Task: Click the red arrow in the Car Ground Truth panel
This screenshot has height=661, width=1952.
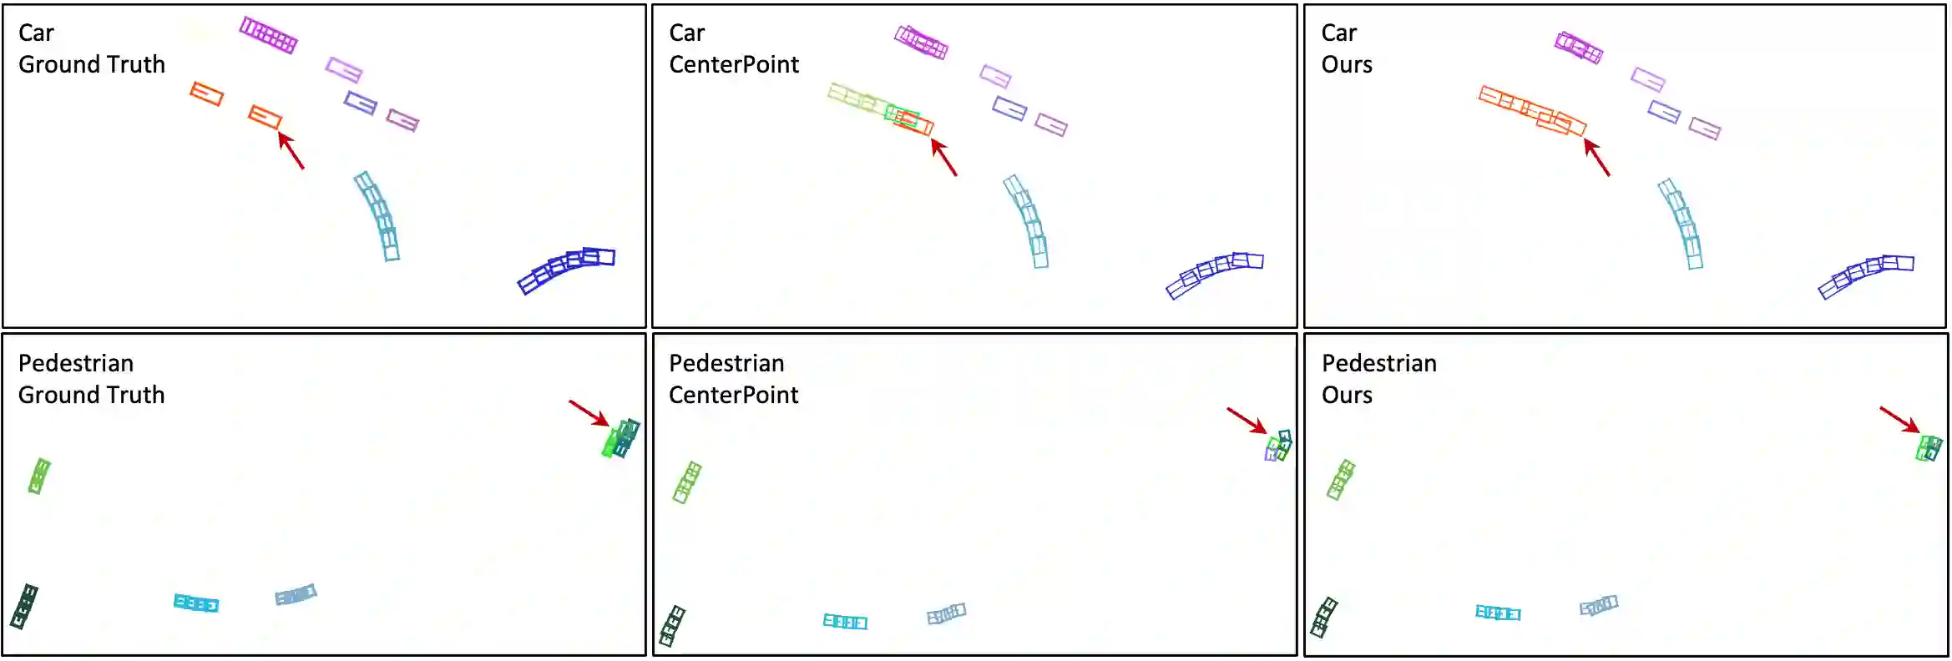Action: tap(291, 151)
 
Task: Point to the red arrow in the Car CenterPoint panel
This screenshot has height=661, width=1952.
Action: tap(944, 157)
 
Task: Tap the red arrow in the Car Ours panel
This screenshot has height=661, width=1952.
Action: tap(1597, 157)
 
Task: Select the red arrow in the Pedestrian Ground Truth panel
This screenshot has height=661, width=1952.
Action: tap(589, 413)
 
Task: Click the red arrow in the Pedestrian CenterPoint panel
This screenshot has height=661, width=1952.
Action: tap(1247, 420)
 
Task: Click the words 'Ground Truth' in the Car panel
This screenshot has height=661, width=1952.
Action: tap(92, 64)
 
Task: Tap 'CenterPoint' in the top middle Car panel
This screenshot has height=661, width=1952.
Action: tap(734, 64)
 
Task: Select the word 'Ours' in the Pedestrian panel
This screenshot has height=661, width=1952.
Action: tap(1347, 395)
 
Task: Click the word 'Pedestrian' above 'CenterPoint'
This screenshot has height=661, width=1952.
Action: tap(726, 363)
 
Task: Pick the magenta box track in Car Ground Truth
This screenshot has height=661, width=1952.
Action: tap(268, 35)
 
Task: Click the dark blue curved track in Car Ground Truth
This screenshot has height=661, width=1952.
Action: tap(566, 269)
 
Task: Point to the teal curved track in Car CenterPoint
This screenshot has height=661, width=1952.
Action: tap(1027, 221)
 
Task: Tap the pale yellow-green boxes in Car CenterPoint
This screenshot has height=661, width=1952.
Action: tap(856, 98)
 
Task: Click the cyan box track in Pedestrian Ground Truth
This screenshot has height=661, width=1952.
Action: tap(196, 603)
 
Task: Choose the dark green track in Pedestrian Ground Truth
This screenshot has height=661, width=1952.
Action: tap(24, 607)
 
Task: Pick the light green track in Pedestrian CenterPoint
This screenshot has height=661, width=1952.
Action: tap(687, 482)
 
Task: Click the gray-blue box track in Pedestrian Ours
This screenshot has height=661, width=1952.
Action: tap(1599, 606)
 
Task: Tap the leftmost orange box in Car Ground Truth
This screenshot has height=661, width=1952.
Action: tap(206, 93)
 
